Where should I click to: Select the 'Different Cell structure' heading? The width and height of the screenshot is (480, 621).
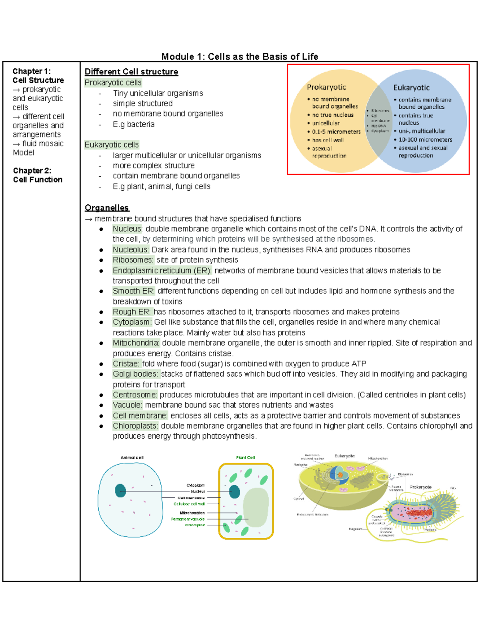(x=131, y=72)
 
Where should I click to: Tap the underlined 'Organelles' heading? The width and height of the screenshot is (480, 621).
(x=107, y=208)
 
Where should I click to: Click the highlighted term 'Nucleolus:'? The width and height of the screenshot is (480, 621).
(x=131, y=250)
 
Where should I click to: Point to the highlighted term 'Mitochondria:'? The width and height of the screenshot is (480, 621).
(x=136, y=343)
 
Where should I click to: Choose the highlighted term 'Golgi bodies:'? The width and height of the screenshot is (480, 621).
(x=136, y=374)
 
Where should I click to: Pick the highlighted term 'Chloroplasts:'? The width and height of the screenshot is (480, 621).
(x=135, y=426)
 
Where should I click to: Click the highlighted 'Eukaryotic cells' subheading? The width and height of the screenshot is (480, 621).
(x=112, y=145)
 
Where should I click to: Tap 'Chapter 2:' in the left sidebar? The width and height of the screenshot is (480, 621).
(x=32, y=171)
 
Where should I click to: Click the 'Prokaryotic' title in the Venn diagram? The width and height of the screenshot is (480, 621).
(x=326, y=87)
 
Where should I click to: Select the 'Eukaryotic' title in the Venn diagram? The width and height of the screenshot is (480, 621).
(x=411, y=88)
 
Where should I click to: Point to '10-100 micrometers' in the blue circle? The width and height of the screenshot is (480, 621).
(x=425, y=140)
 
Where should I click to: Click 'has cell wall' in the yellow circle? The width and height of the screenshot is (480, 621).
(x=328, y=140)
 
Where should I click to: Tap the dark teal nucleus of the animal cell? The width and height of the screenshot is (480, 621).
(x=120, y=491)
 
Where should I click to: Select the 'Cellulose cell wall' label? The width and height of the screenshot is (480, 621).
(x=189, y=504)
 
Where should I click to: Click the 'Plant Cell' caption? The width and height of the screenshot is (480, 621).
(x=245, y=457)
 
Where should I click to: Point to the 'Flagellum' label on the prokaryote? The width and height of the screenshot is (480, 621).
(x=355, y=529)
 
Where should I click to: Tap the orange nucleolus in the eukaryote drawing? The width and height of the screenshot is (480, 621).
(x=340, y=475)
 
